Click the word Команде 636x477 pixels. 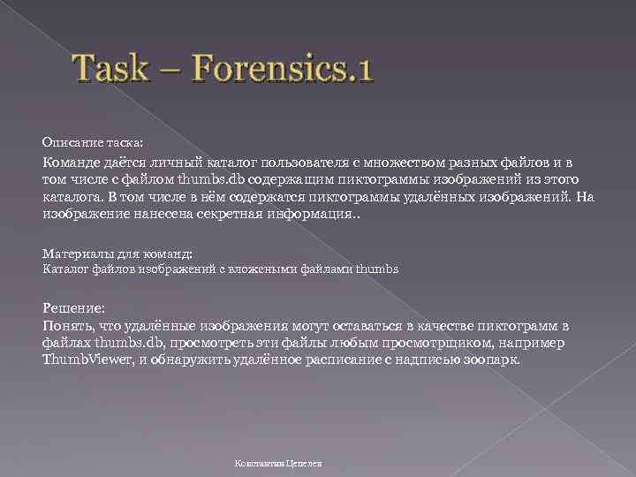75,163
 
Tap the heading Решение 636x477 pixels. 74,307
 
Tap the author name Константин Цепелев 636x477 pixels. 278,462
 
